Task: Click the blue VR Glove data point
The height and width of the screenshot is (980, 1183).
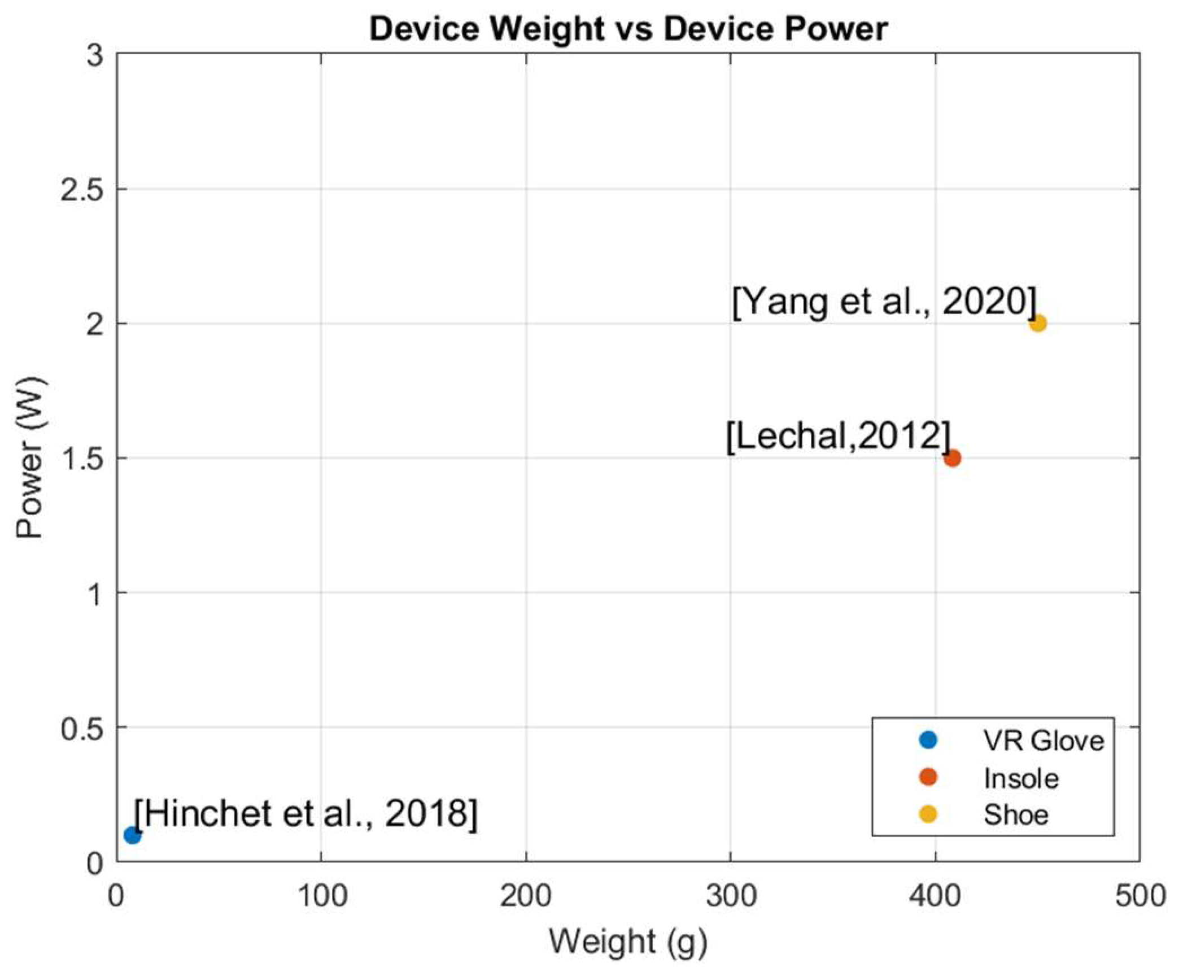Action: [132, 834]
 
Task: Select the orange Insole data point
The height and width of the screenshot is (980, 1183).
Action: [952, 458]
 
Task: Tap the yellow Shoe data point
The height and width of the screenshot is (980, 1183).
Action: [1038, 324]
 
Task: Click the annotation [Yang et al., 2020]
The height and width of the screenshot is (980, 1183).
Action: [884, 302]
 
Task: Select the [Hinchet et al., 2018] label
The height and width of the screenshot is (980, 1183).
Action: [305, 813]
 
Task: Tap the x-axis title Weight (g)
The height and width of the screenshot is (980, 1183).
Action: [628, 942]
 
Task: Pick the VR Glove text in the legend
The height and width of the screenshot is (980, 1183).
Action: [1044, 741]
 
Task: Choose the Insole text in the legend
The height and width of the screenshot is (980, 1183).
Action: [1021, 778]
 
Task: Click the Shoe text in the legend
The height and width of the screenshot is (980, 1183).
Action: [1016, 815]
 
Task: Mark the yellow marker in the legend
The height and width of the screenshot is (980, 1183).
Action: [928, 814]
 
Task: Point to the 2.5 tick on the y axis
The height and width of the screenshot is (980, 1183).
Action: [82, 190]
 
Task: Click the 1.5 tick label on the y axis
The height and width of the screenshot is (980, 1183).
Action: [82, 458]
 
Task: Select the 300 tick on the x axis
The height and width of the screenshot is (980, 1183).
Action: [731, 896]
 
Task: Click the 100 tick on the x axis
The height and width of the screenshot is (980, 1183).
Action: [322, 896]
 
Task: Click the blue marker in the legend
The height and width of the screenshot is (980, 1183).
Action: [928, 741]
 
